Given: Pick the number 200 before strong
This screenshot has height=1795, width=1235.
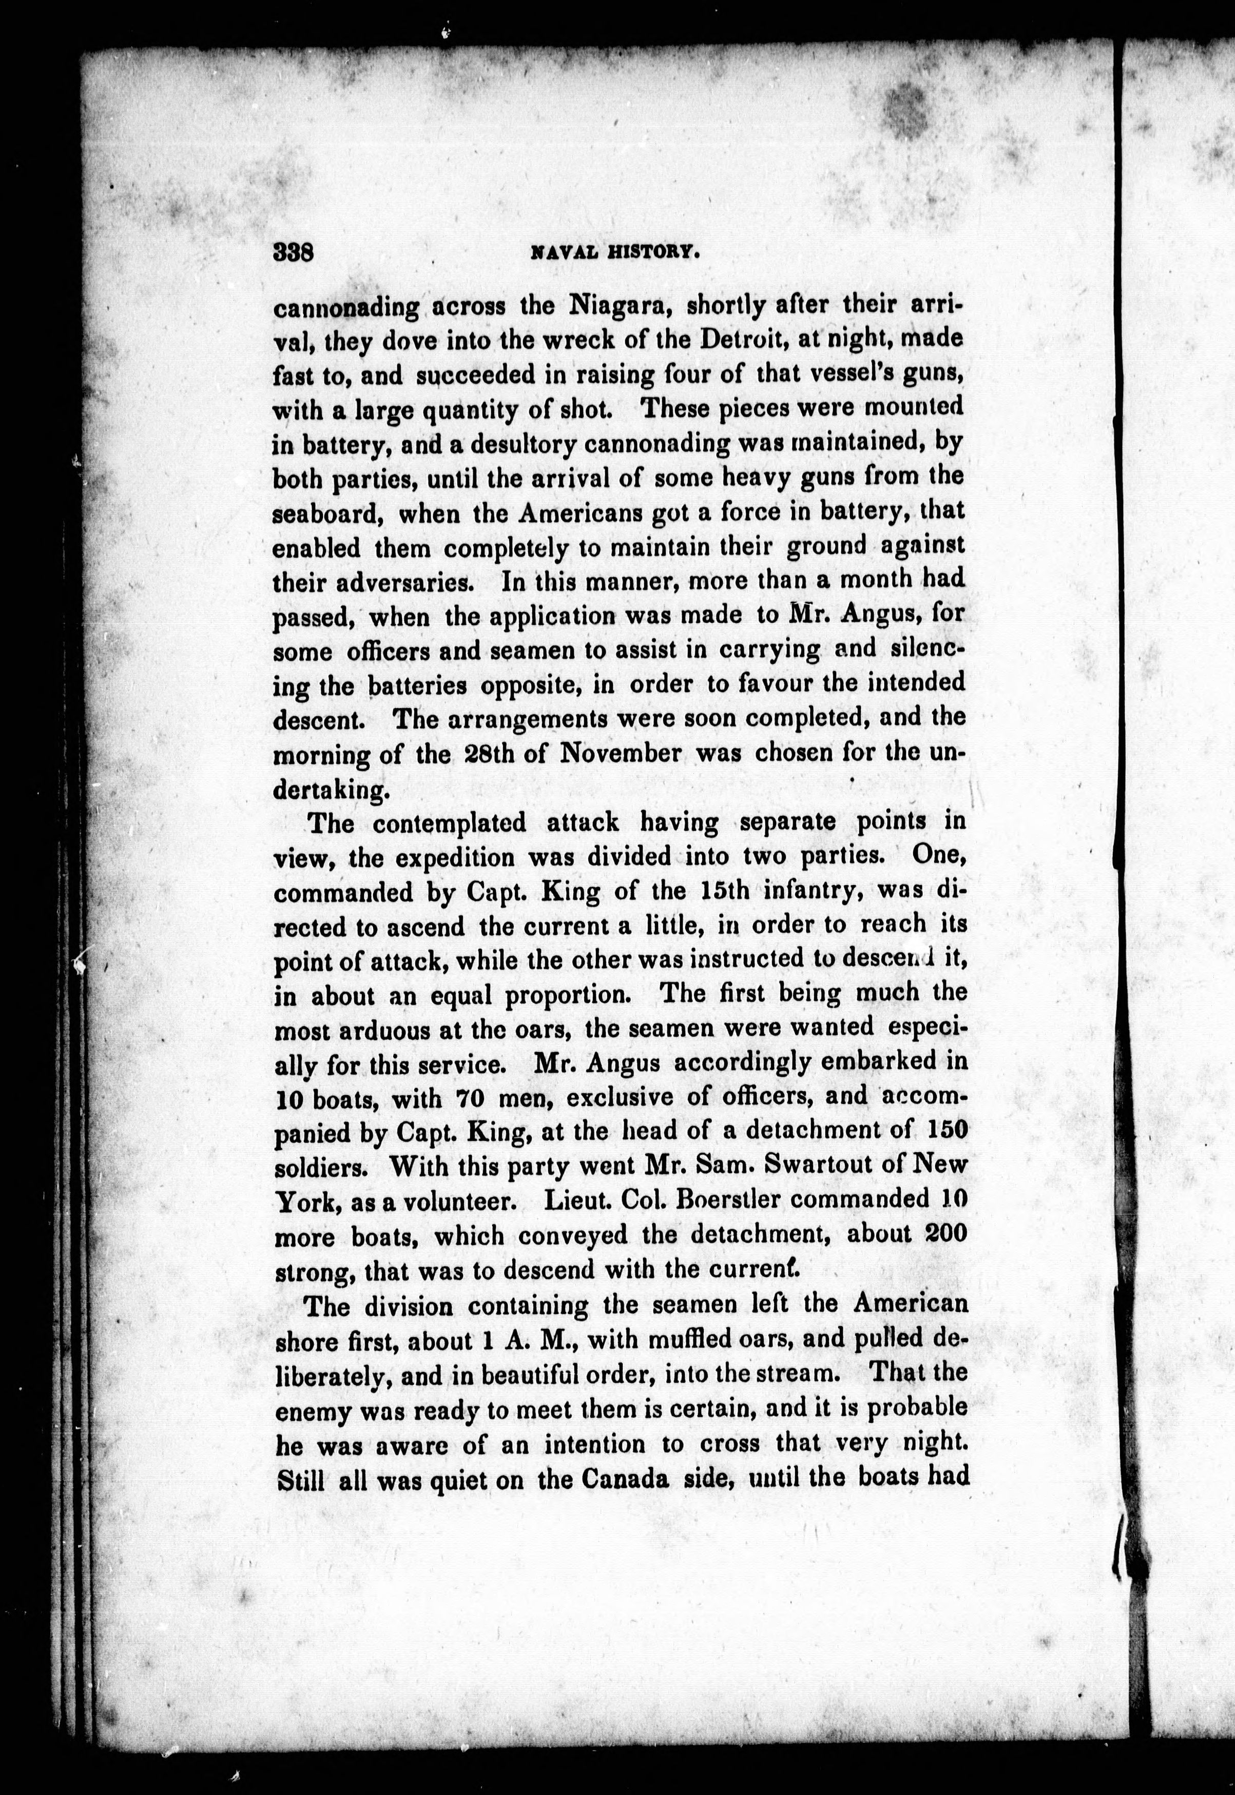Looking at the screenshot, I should pos(945,1234).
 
